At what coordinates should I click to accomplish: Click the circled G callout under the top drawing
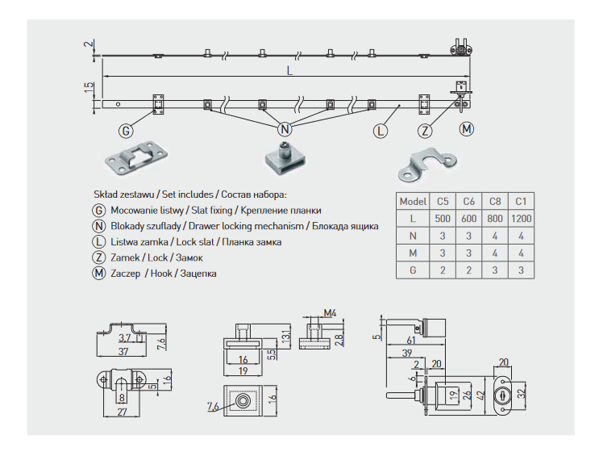click(x=125, y=131)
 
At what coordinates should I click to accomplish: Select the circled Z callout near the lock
click(x=426, y=131)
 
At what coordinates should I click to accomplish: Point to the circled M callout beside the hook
click(x=467, y=128)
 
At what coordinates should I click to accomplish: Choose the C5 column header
click(x=443, y=200)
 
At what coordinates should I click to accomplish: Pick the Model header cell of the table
click(x=413, y=200)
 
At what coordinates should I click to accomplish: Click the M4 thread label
click(x=329, y=312)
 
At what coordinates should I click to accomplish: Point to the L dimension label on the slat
click(x=289, y=71)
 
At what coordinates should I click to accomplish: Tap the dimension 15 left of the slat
click(x=89, y=88)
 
